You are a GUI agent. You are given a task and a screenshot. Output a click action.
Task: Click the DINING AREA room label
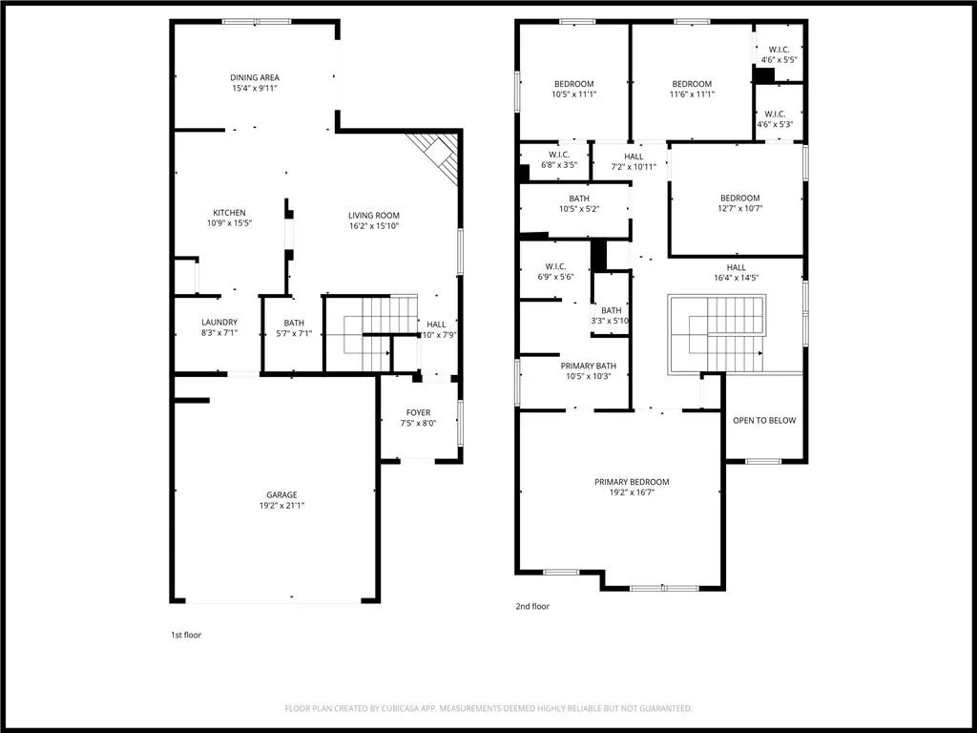tap(255, 77)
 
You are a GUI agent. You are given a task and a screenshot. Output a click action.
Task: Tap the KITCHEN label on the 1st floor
tap(229, 213)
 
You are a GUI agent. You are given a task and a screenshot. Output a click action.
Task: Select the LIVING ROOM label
tap(373, 216)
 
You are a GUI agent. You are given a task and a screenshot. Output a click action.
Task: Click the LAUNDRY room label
tap(219, 323)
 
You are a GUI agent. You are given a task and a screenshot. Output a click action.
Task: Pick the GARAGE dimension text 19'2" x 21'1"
tap(281, 505)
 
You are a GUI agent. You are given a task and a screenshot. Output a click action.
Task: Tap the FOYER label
tap(418, 412)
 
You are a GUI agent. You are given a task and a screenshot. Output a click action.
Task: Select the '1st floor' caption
tap(185, 635)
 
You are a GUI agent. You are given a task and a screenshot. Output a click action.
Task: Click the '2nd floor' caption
tap(532, 606)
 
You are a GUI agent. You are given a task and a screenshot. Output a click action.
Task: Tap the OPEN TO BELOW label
tap(763, 420)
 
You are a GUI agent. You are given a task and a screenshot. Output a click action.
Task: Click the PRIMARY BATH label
tap(588, 366)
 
